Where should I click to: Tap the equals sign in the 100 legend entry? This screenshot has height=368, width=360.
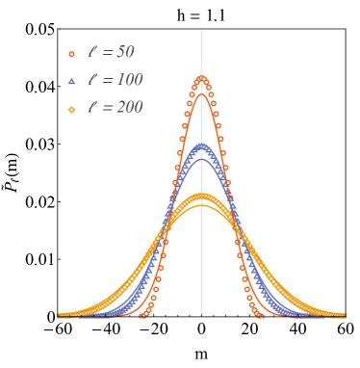click(105, 81)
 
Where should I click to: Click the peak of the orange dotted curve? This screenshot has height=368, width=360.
click(202, 77)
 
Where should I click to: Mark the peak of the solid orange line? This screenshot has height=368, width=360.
click(202, 93)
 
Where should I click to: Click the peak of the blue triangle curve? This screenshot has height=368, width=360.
click(202, 145)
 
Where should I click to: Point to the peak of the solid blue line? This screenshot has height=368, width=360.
click(202, 158)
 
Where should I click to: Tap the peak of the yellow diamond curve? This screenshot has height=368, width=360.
click(202, 196)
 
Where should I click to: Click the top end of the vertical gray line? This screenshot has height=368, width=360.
click(202, 30)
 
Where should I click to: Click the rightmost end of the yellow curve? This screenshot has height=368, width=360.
click(344, 315)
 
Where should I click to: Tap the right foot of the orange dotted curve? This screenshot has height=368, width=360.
click(262, 315)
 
